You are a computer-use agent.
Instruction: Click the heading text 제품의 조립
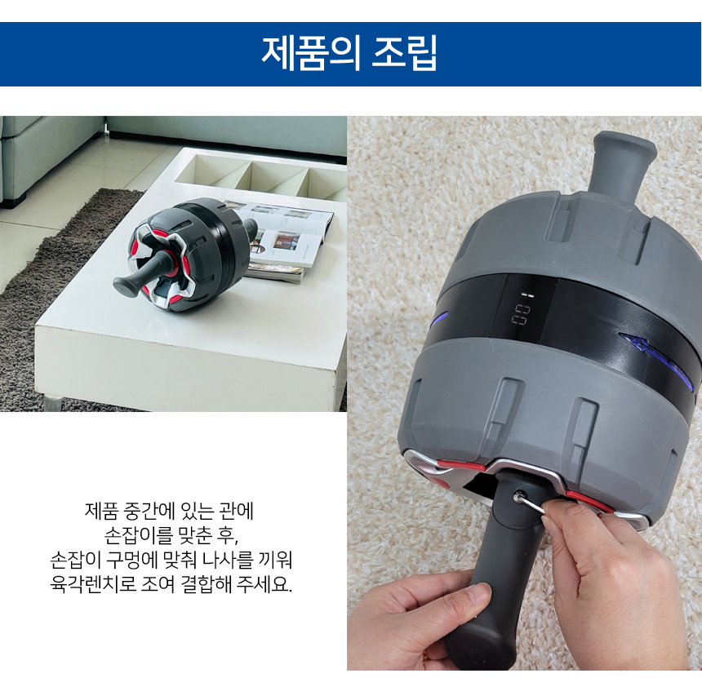point(349,54)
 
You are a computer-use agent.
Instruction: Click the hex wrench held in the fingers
point(532,506)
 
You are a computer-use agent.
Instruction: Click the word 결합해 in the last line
point(207,584)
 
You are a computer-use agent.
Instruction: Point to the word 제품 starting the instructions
point(101,510)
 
